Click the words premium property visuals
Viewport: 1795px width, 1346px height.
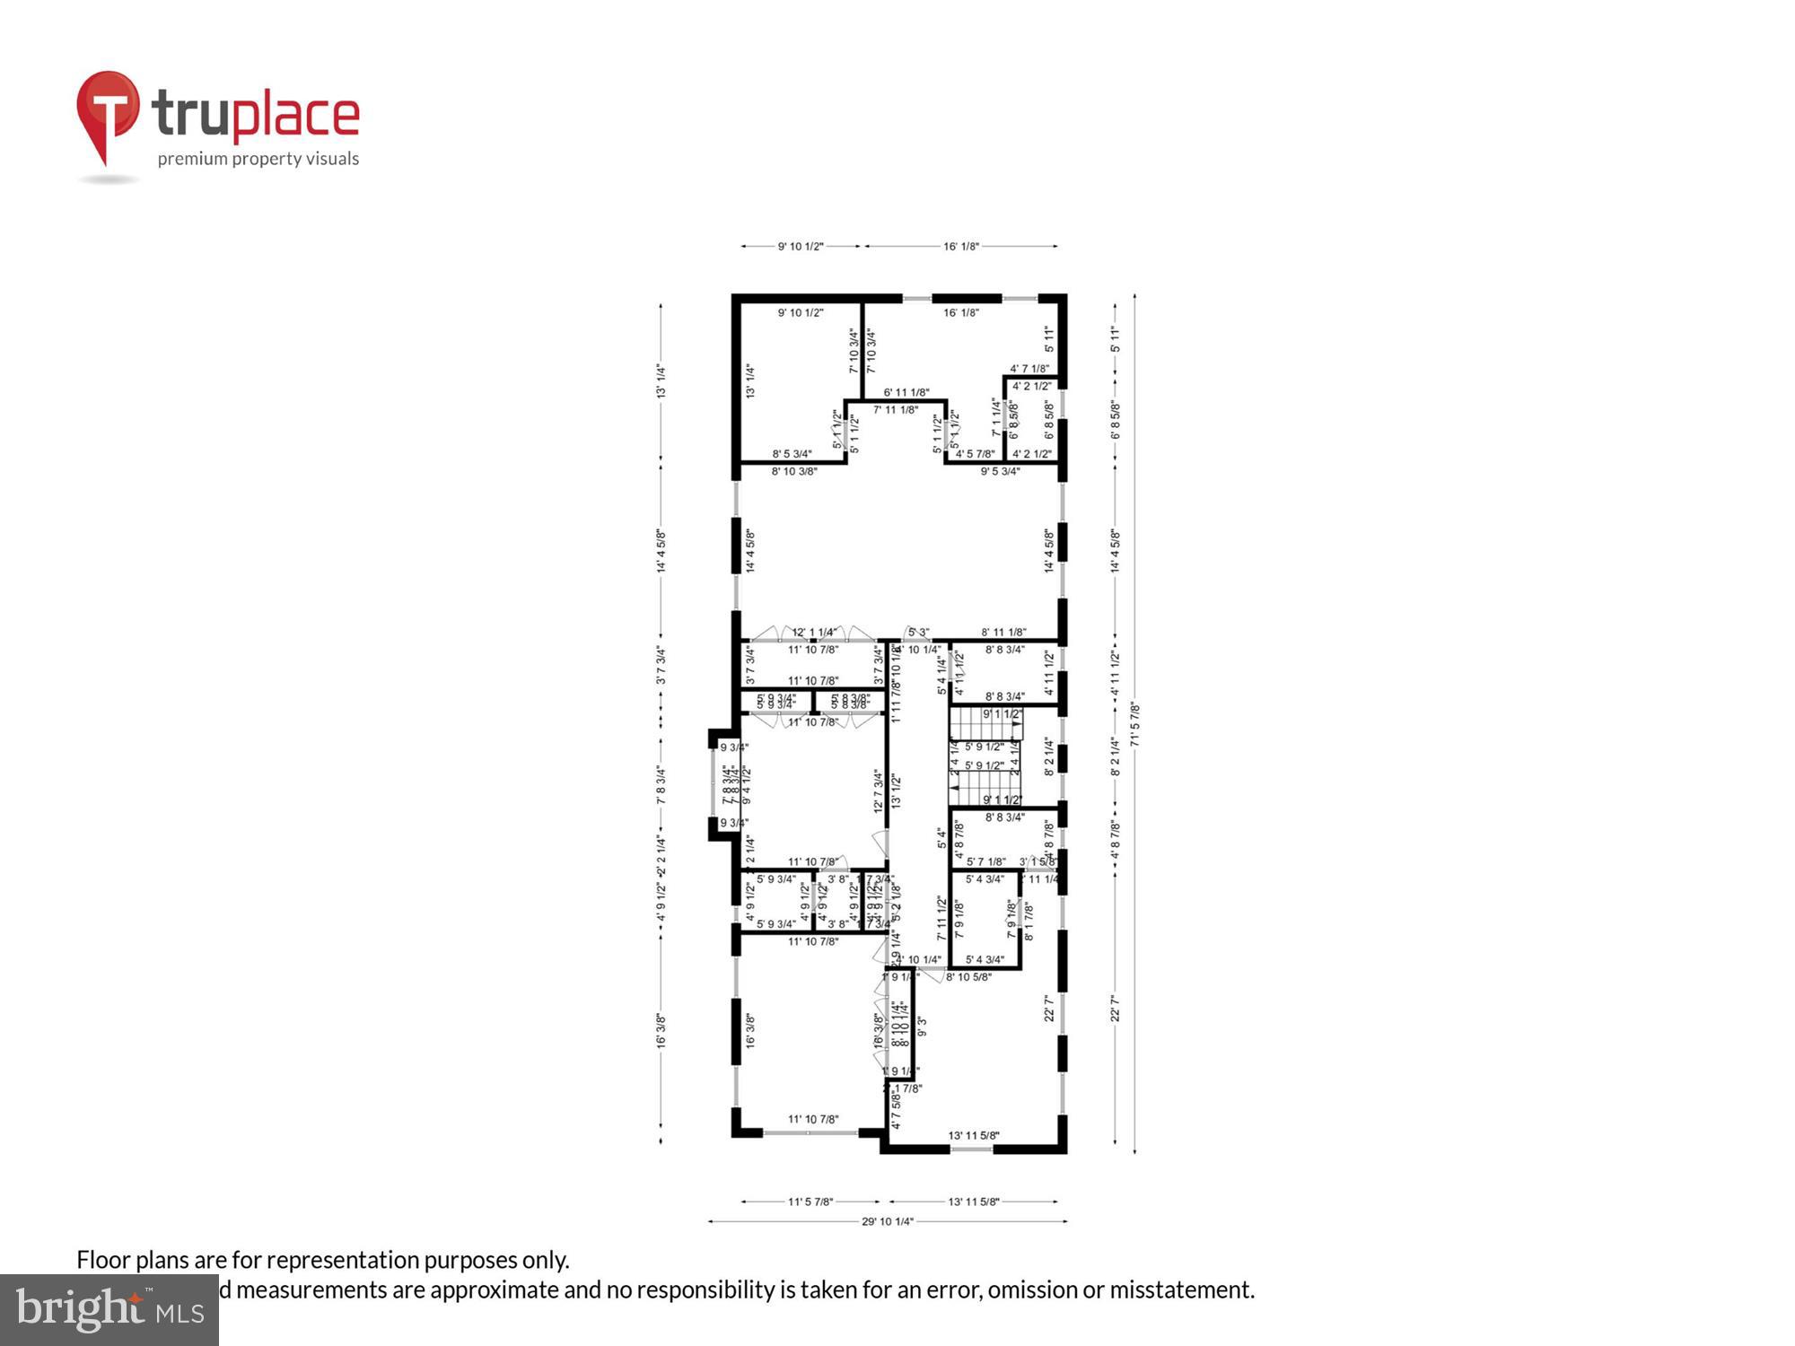[258, 159]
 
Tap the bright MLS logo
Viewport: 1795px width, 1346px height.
[109, 1310]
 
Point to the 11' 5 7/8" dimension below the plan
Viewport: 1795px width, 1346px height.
[810, 1202]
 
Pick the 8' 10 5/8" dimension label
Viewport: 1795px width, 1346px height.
[968, 977]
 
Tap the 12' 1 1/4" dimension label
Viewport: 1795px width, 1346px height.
[813, 633]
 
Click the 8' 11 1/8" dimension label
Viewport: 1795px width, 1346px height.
[1003, 633]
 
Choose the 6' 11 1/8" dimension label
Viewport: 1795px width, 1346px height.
[906, 392]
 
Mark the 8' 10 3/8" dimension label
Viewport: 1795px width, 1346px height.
[794, 471]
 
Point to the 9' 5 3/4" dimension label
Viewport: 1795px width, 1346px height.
[1000, 471]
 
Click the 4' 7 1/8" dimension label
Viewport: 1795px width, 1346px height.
[1029, 369]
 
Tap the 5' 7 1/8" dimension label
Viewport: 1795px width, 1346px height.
[985, 861]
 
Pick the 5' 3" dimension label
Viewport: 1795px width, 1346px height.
[917, 633]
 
